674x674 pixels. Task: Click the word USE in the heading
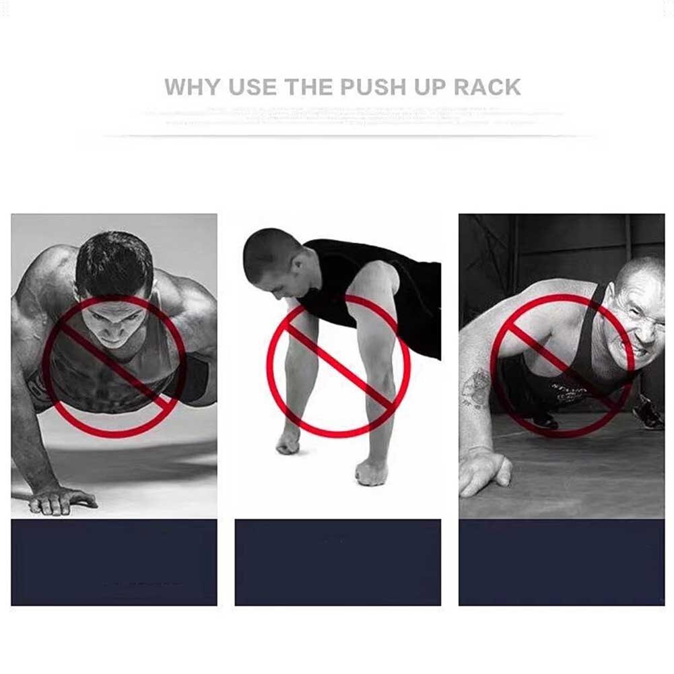click(x=253, y=88)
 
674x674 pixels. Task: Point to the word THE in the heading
click(x=309, y=88)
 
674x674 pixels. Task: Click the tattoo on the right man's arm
click(x=476, y=389)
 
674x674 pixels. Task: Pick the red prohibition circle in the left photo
click(x=114, y=367)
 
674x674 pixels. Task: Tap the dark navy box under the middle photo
click(x=337, y=562)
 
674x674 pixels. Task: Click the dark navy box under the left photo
click(x=114, y=562)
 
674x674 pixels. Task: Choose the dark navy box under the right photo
click(x=562, y=562)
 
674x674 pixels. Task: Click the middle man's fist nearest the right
click(x=372, y=471)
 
